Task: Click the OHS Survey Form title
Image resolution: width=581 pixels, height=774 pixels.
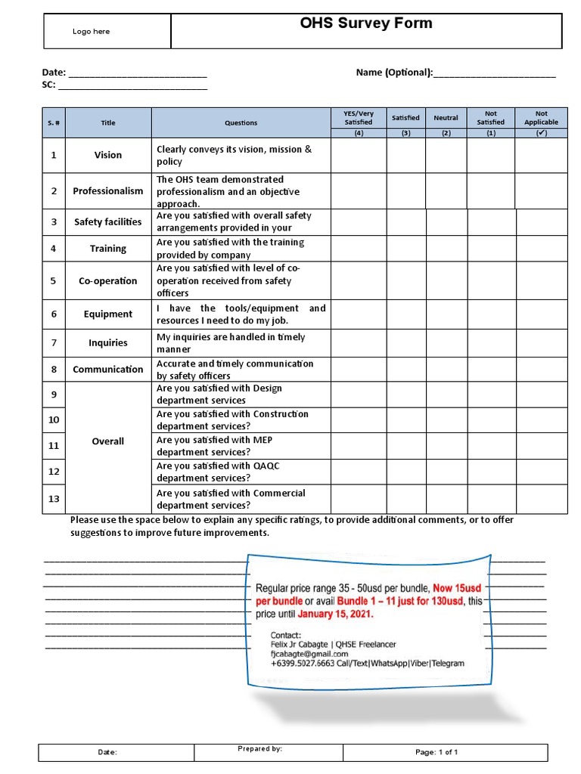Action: point(366,23)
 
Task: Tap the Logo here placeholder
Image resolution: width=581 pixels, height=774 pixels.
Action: point(91,32)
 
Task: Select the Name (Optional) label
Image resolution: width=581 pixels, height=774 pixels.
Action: point(394,73)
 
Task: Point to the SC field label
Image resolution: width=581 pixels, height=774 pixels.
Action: point(48,85)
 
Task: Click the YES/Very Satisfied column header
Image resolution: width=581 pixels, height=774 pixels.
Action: point(359,118)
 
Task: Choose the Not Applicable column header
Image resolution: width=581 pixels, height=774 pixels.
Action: point(541,118)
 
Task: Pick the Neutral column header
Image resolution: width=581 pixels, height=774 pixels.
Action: point(446,118)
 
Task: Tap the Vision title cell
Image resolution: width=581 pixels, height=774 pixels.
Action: point(107,155)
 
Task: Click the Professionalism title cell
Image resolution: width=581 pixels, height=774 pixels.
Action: point(107,191)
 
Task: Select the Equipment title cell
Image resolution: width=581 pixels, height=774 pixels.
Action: point(107,314)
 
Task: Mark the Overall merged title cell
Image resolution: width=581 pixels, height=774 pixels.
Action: point(107,441)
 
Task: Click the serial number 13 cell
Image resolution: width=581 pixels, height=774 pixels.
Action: point(54,500)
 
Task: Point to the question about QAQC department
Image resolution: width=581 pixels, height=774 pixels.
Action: point(218,472)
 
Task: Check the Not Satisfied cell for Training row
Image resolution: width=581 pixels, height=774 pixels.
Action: point(490,249)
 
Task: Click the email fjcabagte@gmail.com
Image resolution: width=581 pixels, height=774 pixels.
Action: point(309,654)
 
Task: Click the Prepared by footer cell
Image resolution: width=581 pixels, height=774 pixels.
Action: point(268,751)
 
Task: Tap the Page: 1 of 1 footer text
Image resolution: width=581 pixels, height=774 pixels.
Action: point(437,752)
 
